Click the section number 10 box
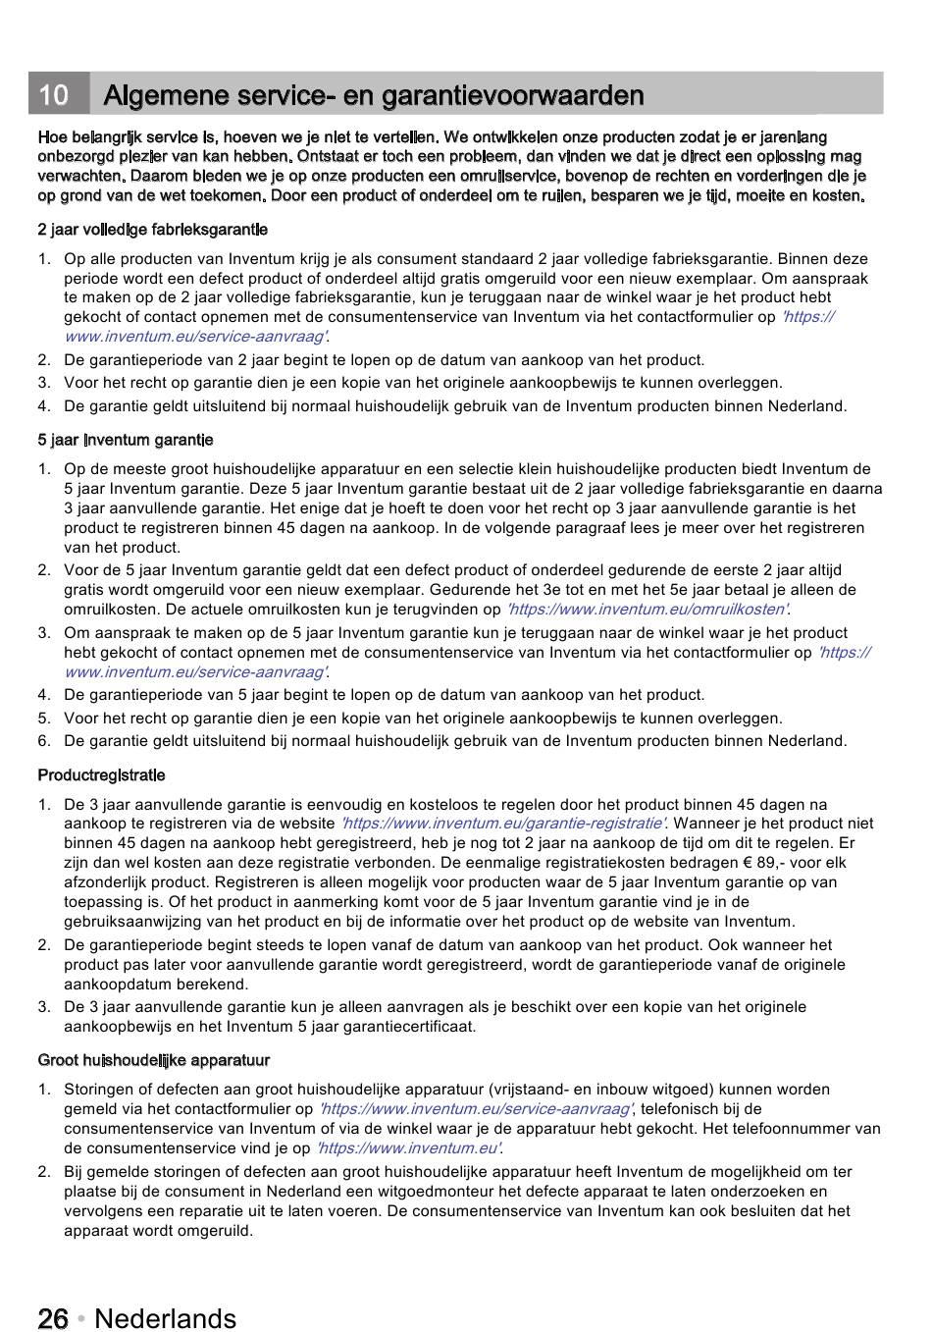(x=55, y=95)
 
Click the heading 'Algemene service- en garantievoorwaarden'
(x=374, y=95)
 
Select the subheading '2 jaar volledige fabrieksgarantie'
(x=153, y=230)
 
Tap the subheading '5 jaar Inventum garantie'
(x=126, y=440)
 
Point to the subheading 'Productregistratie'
(x=102, y=775)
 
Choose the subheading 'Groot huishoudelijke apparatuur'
(x=154, y=1060)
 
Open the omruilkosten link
(x=648, y=610)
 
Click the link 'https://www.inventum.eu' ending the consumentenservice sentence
(x=408, y=1148)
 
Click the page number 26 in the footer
(x=53, y=1318)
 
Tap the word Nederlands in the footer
(x=166, y=1318)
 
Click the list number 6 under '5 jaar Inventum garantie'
(x=44, y=741)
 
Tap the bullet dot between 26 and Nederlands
(x=81, y=1318)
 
